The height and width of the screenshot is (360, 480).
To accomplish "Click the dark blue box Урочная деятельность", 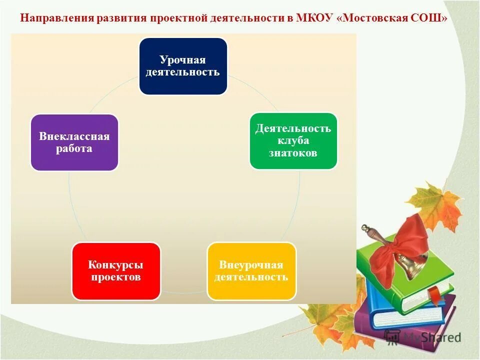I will point(182,66).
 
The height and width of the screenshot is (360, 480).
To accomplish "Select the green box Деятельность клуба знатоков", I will point(293,140).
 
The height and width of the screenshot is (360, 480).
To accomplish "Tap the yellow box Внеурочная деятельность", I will point(251,271).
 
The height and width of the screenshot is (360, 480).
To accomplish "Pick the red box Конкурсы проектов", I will point(116,271).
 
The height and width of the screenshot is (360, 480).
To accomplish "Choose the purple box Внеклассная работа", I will point(74,142).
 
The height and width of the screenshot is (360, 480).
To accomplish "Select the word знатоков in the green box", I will point(293,153).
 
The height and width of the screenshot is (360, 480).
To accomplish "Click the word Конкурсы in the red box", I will point(116,264).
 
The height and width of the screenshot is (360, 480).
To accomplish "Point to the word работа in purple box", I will point(74,149).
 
